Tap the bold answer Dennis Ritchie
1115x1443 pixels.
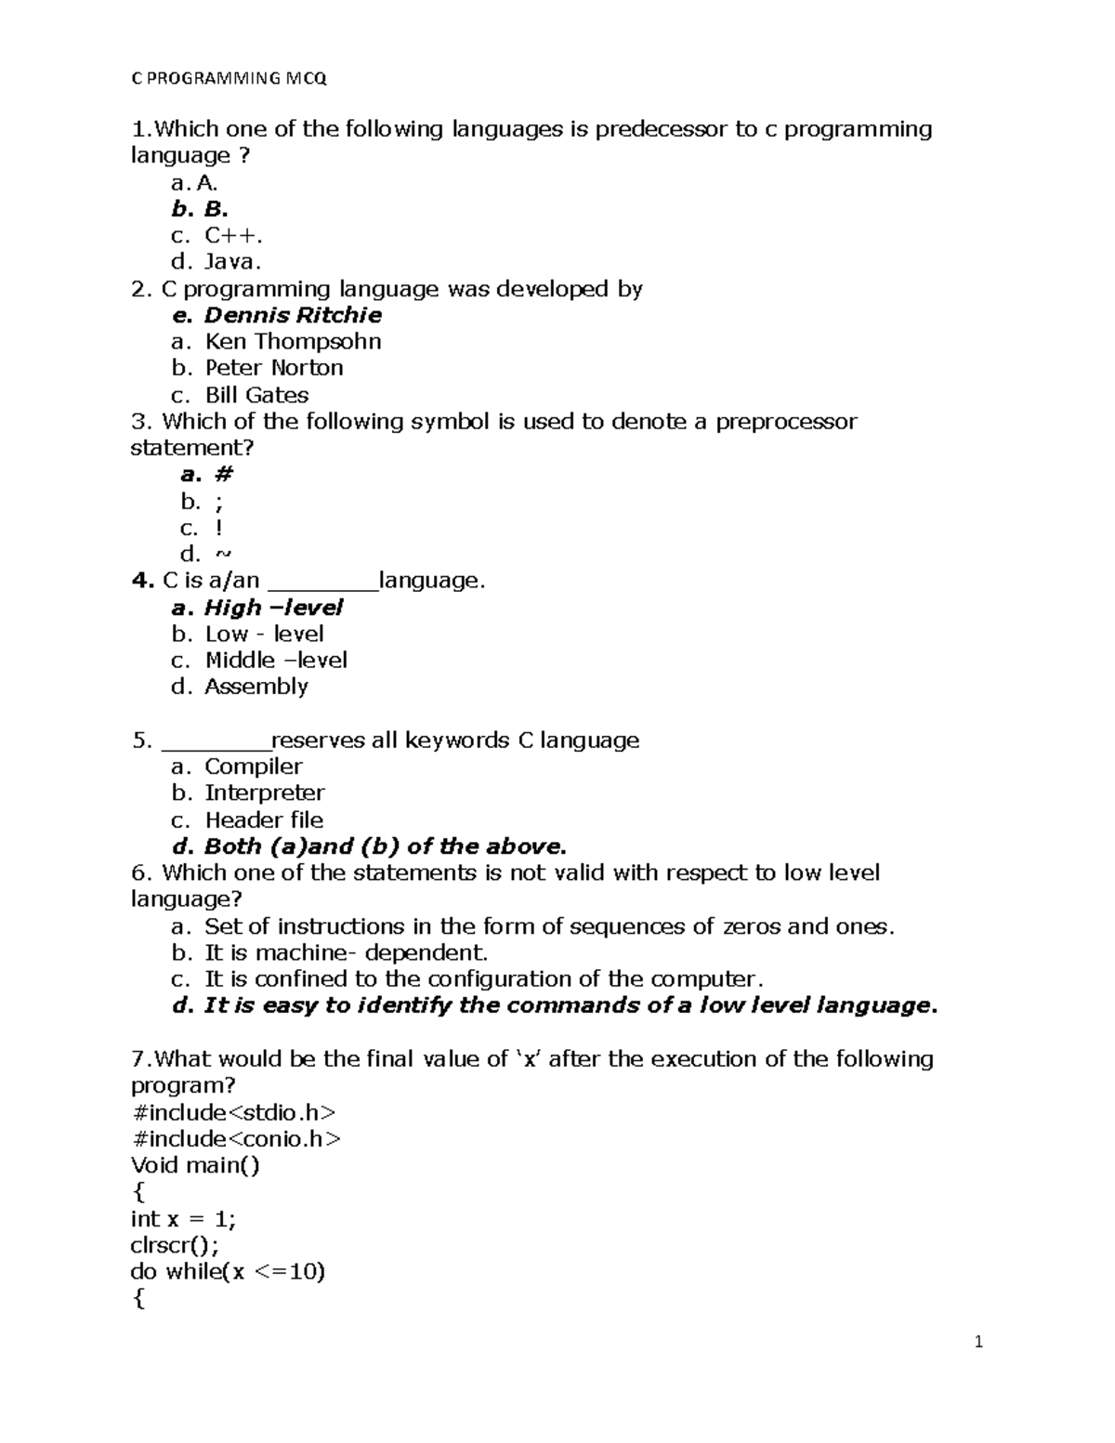[292, 315]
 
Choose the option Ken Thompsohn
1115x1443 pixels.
[292, 342]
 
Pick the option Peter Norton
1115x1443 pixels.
[273, 368]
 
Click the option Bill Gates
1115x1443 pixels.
[256, 395]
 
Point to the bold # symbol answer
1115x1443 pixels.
[223, 475]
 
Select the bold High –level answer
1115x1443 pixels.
[272, 608]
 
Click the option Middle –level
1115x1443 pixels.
[275, 661]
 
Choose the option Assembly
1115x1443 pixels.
[256, 687]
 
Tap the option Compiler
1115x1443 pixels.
[253, 767]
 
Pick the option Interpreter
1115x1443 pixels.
[264, 794]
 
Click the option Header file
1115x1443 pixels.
[264, 820]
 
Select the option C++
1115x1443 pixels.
[227, 236]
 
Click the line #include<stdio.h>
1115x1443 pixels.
[233, 1113]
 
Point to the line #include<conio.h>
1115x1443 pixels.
[236, 1139]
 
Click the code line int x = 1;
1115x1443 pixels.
[183, 1219]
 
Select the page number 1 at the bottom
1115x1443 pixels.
[977, 1342]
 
